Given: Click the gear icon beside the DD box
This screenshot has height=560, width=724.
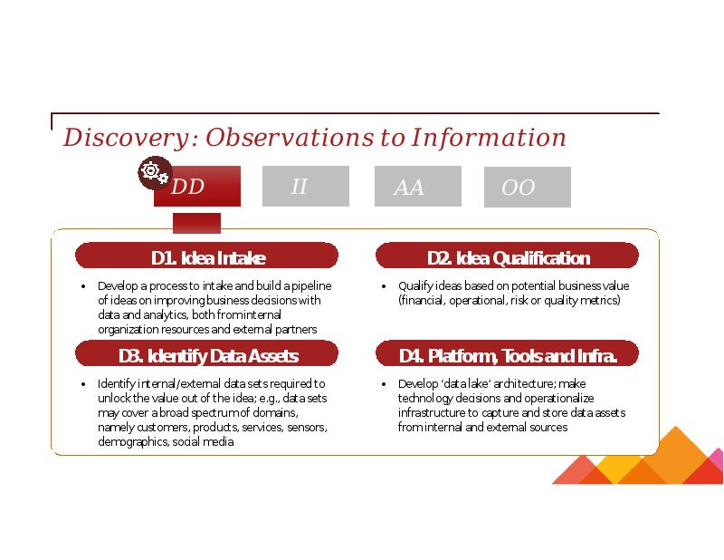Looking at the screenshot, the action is (x=155, y=173).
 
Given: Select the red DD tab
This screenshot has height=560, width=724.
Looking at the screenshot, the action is (x=197, y=186).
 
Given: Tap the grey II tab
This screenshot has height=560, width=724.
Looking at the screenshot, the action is (x=306, y=186).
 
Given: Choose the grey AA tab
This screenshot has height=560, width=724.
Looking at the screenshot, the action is (x=418, y=186).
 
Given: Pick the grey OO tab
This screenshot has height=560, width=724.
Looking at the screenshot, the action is (x=528, y=187).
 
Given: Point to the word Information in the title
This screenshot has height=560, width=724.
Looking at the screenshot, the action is (x=489, y=138).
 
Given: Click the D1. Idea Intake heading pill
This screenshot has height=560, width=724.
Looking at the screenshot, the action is (x=206, y=256).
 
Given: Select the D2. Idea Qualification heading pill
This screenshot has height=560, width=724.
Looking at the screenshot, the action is (x=507, y=256).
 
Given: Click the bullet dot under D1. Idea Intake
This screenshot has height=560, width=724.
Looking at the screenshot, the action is (x=83, y=286).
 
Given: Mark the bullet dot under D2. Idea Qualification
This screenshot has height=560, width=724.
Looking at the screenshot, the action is (x=384, y=286).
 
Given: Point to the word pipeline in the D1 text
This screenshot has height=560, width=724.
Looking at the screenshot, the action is (x=311, y=286).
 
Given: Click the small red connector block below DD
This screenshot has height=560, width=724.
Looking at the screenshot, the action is (x=196, y=223).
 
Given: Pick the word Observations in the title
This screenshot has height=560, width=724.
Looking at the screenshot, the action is (x=290, y=138).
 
